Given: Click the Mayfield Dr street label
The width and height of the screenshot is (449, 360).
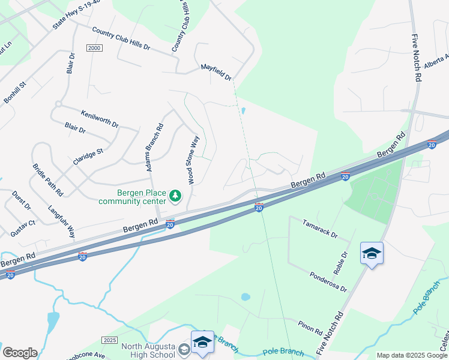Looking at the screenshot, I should point(216,72).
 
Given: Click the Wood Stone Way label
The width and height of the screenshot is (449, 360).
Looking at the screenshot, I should point(193,160).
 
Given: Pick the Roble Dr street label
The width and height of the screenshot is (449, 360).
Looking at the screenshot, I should point(341,262).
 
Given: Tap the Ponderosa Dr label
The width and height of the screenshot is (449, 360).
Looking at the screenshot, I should point(328,281).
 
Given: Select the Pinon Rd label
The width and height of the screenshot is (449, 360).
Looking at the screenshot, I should point(310,327).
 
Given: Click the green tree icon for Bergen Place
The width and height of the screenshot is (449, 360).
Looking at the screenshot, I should point(175,196).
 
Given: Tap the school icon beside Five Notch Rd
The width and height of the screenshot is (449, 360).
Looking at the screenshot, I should point(372,253).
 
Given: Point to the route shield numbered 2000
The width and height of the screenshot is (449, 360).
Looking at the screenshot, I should point(94,49).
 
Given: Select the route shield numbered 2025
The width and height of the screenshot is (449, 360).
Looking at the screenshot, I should point(109,340).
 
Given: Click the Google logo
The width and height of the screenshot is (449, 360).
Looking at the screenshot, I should point(20,352).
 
